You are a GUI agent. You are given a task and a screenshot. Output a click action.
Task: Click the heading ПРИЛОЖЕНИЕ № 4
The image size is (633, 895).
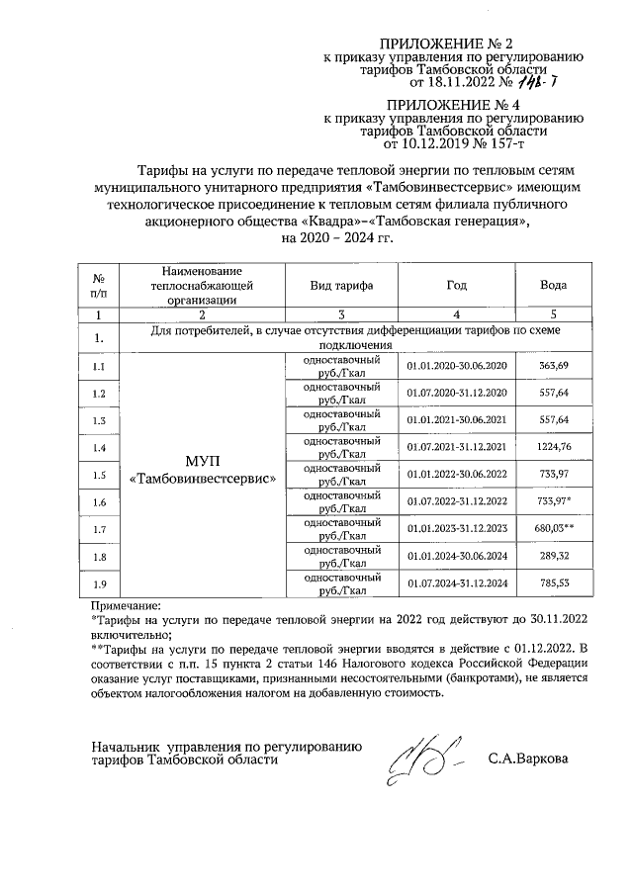pos(452,104)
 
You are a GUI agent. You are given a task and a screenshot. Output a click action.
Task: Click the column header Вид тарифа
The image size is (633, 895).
pos(340,285)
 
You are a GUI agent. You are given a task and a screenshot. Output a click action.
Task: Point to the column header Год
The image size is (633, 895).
pos(456,285)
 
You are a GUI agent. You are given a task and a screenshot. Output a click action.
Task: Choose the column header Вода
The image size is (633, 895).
pos(553,285)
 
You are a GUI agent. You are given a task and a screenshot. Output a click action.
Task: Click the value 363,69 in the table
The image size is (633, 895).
pos(553,367)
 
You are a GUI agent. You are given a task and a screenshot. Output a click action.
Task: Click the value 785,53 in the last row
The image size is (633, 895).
pos(553,583)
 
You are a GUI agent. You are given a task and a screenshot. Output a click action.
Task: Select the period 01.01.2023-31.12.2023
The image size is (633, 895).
pos(456,529)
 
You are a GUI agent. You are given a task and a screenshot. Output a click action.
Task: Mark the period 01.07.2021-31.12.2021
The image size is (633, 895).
pos(456,448)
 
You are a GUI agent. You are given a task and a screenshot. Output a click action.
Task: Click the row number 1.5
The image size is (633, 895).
pos(98,476)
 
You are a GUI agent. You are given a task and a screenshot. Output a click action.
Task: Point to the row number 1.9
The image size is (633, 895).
pos(98,583)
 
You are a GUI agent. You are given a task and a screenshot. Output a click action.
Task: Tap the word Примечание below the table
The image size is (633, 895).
pos(126,604)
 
